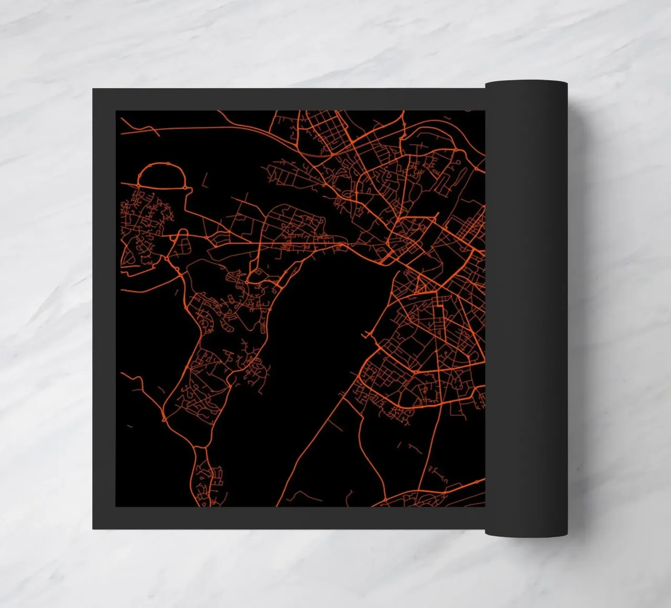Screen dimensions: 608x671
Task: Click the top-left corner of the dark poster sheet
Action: click(x=94, y=90)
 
